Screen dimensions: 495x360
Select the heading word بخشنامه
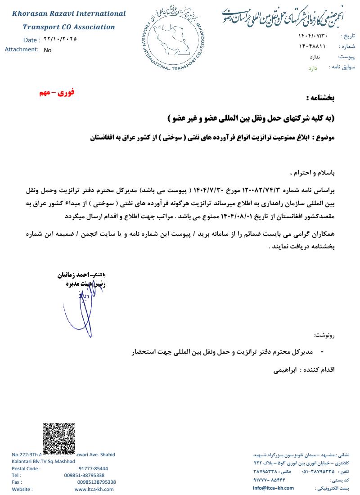click(x=320, y=97)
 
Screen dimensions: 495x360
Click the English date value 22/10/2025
click(x=60, y=39)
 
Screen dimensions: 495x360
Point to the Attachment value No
click(x=48, y=50)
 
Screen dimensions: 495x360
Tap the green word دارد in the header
click(x=313, y=68)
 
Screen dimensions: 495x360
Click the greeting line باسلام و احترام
click(x=313, y=172)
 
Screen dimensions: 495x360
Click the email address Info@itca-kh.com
click(x=273, y=488)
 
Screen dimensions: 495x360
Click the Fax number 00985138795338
click(x=96, y=482)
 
